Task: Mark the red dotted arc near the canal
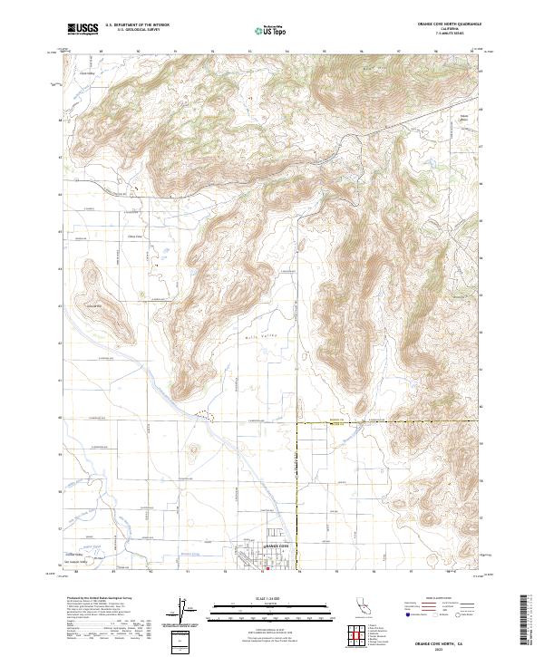tap(208, 416)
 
